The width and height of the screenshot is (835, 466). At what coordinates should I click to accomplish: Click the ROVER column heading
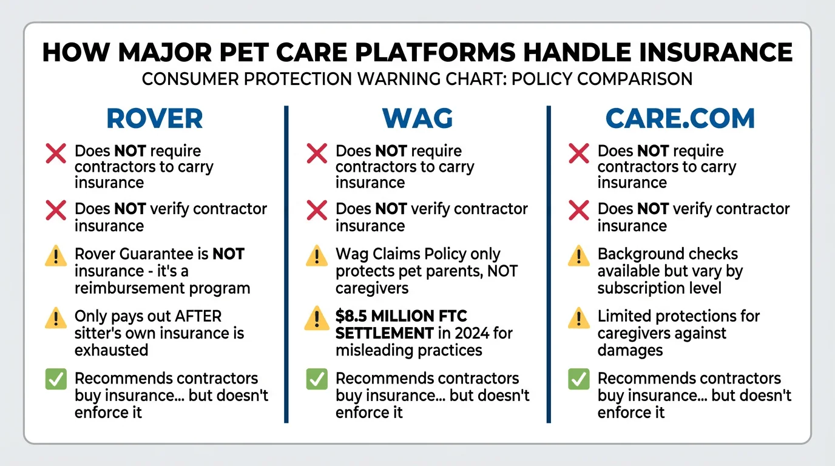[154, 119]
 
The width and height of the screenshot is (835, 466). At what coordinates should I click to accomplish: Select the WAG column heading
[417, 119]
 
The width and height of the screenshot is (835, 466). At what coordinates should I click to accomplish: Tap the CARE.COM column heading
[680, 119]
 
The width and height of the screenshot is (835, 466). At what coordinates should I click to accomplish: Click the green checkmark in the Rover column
[56, 379]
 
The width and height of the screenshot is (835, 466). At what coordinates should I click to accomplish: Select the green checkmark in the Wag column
[317, 379]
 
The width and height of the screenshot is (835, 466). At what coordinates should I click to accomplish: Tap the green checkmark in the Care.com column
[578, 379]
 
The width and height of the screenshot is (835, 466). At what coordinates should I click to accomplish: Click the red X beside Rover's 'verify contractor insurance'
[56, 211]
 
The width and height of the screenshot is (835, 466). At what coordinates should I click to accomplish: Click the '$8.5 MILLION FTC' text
[401, 316]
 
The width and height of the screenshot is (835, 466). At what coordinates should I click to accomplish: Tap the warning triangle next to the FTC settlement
[317, 317]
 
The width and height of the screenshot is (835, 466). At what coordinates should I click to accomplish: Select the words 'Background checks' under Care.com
[668, 254]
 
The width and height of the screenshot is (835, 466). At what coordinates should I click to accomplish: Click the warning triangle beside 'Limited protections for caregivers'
[578, 317]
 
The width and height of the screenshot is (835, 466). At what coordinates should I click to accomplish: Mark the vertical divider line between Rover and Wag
[286, 264]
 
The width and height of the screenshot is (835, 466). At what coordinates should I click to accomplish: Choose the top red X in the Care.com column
[578, 154]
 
